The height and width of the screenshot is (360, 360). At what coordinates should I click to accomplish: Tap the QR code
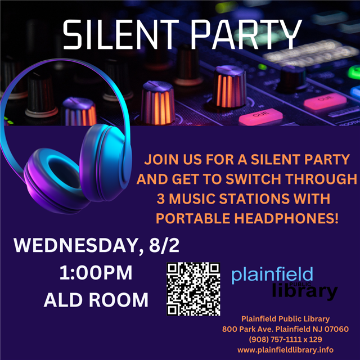[193, 289]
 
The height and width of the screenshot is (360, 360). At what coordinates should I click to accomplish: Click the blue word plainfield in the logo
[272, 276]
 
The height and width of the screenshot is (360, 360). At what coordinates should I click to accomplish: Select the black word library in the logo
[305, 291]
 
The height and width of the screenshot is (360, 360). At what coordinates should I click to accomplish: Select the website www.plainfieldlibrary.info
[286, 349]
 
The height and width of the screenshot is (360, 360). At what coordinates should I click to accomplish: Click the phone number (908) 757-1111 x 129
[285, 339]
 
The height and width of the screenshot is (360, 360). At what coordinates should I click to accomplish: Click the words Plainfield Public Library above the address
[285, 319]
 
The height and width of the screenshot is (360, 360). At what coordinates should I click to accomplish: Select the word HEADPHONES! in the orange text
[286, 217]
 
